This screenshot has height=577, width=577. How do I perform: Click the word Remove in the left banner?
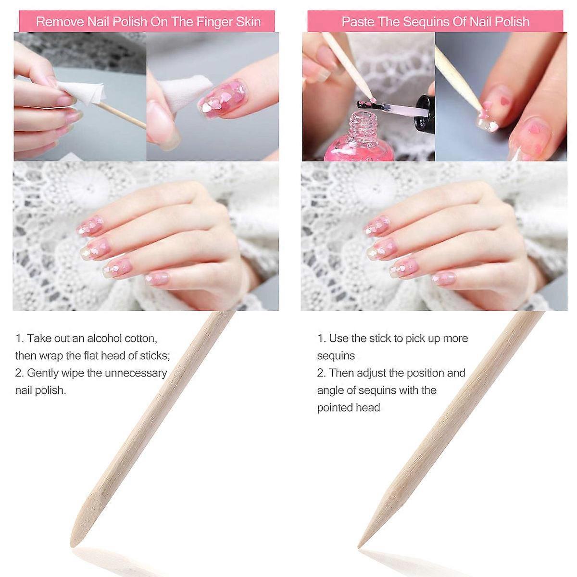pyautogui.click(x=60, y=22)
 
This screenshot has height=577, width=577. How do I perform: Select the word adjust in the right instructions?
pyautogui.click(x=371, y=373)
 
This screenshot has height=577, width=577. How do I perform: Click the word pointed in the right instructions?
pyautogui.click(x=334, y=408)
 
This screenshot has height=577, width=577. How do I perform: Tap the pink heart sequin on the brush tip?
pyautogui.click(x=373, y=99)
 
